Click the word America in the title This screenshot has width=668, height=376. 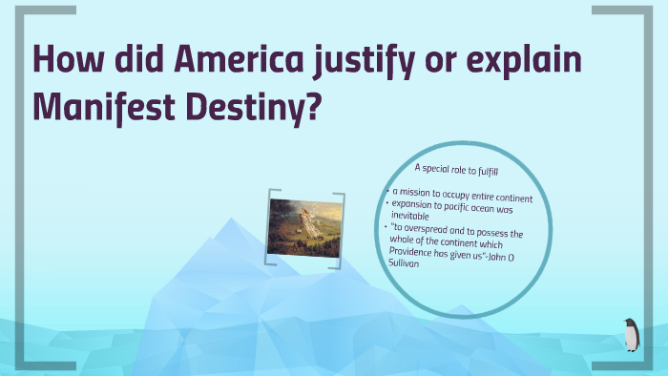click(x=249, y=61)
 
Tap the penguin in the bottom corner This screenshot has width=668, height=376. click(x=631, y=335)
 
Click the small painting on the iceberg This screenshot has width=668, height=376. click(x=303, y=227)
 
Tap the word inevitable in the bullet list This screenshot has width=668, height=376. click(x=414, y=216)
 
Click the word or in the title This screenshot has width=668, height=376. click(x=465, y=61)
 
